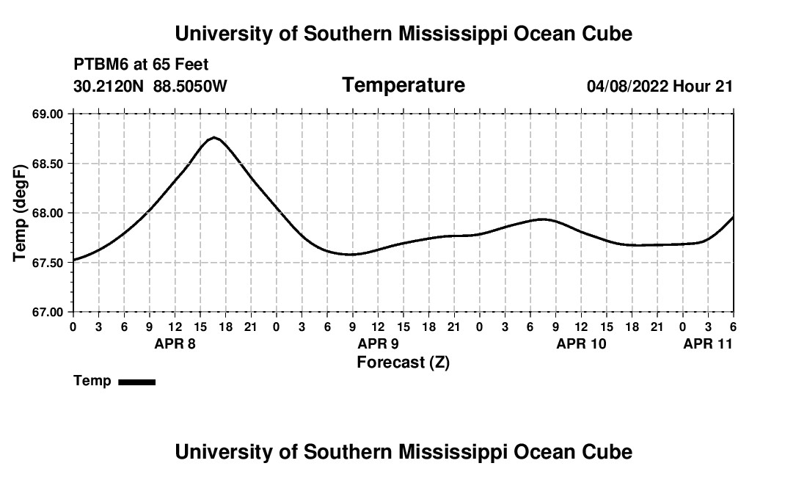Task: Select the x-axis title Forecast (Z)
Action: point(403,362)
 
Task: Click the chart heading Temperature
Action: point(403,85)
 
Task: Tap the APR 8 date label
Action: point(175,343)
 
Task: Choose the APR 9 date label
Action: point(378,343)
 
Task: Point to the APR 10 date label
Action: point(581,343)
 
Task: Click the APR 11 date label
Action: point(707,343)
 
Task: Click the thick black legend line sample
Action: point(136,382)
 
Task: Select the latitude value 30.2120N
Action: point(109,87)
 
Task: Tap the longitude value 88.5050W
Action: point(190,87)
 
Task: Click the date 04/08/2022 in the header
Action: point(627,87)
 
